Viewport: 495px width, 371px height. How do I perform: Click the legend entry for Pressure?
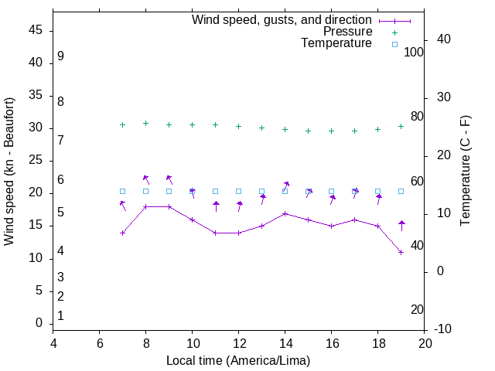[347, 32]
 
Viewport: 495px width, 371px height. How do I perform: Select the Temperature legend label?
[336, 43]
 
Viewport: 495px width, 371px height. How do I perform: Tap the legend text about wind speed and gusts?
[282, 20]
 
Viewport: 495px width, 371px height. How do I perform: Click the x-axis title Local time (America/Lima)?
[238, 361]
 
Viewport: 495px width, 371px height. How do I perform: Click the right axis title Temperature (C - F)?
[465, 171]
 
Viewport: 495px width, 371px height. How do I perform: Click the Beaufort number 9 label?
[60, 56]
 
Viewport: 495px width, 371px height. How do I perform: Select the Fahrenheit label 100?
[414, 52]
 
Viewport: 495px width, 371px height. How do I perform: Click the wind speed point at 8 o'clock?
[145, 206]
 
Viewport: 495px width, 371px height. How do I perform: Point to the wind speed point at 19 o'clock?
[401, 252]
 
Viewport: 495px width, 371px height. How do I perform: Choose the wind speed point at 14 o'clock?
[285, 213]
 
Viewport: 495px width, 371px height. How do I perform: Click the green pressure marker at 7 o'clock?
[122, 124]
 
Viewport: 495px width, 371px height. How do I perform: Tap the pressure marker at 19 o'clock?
[401, 126]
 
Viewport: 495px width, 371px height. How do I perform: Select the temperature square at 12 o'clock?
[238, 191]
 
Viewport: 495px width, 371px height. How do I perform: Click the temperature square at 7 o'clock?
[122, 191]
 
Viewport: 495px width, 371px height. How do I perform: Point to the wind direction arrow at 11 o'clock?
[216, 206]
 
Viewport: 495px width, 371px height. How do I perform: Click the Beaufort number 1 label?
[60, 315]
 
